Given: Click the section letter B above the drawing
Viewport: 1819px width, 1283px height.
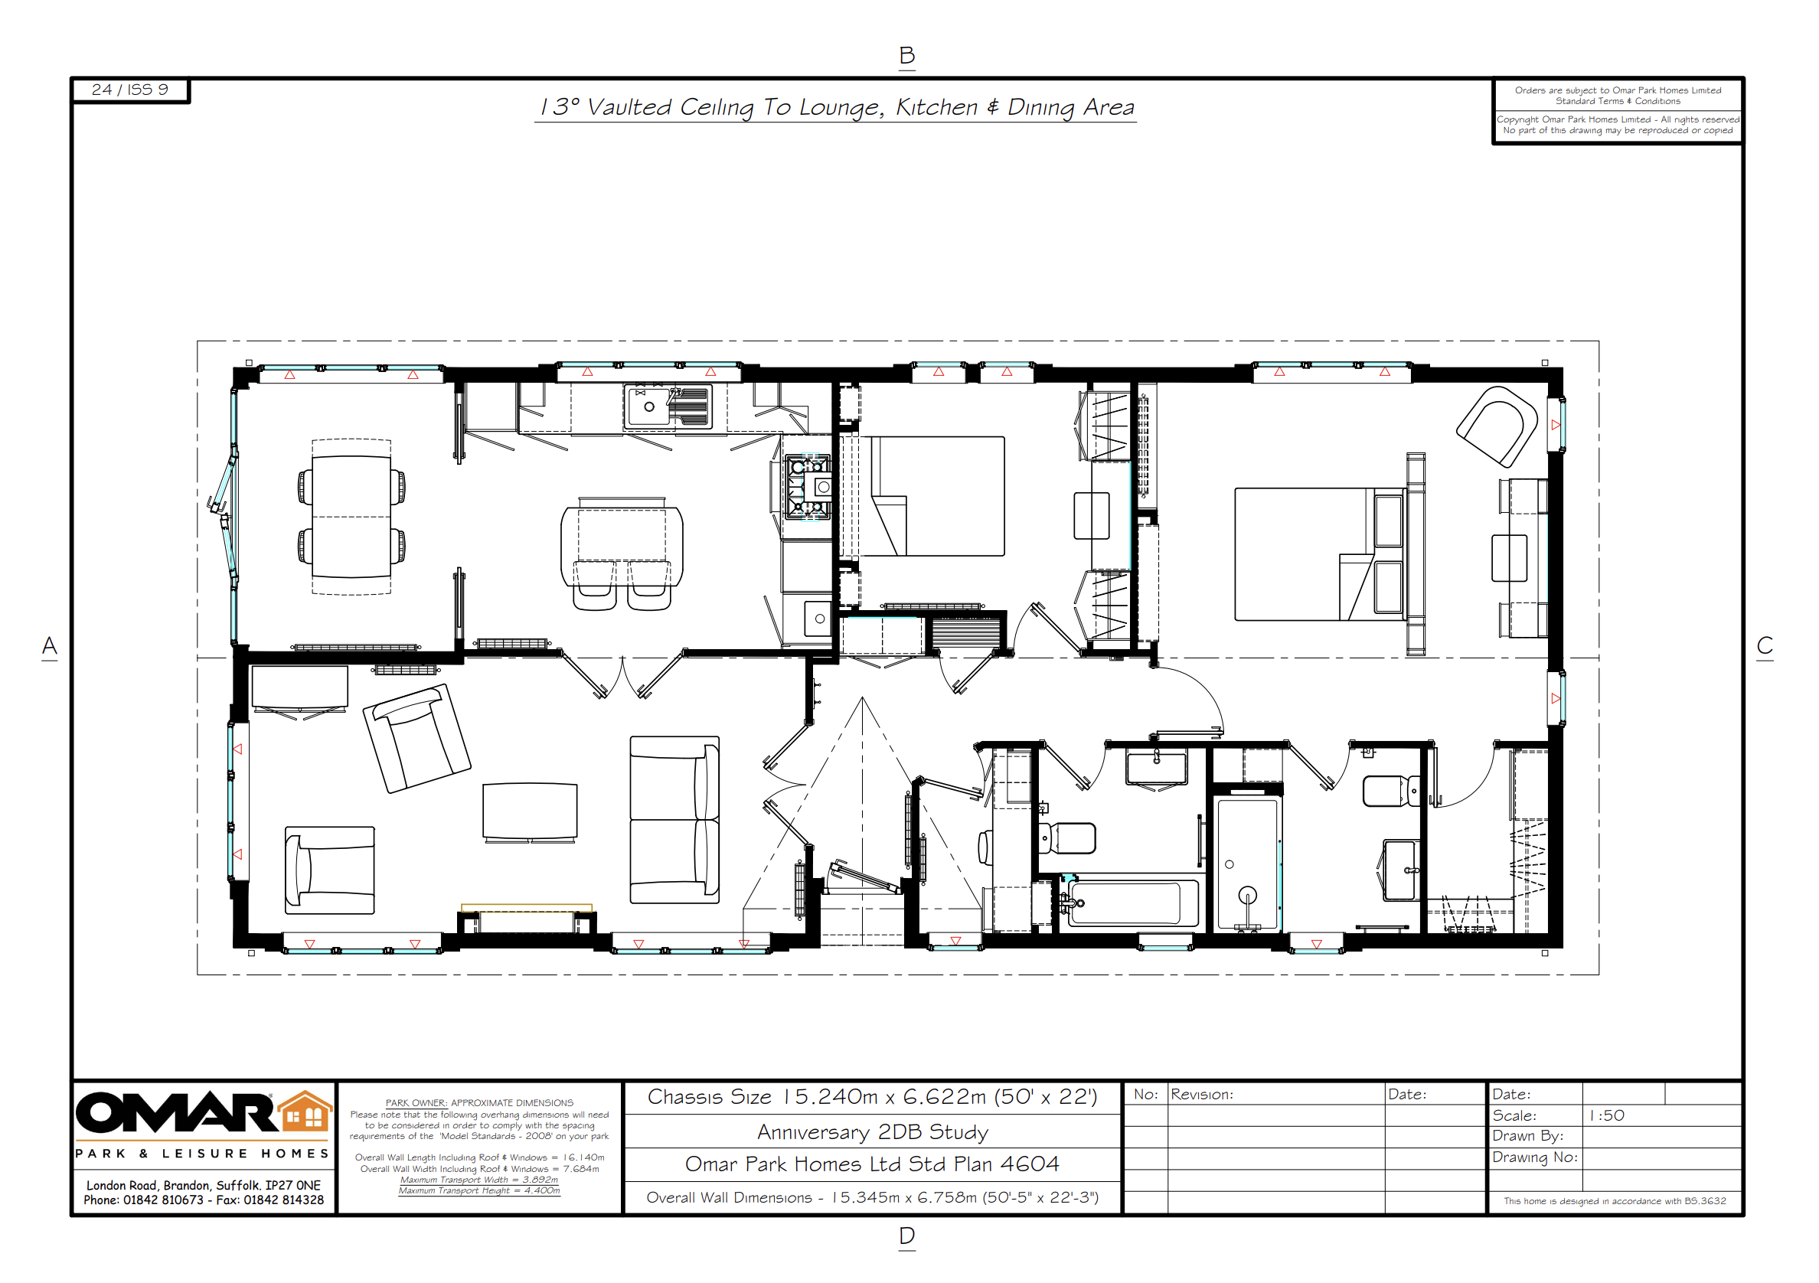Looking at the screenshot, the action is coord(907,55).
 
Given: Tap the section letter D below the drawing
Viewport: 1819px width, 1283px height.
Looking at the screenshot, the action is coord(907,1236).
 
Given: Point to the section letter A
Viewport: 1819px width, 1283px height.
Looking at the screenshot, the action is coord(49,646).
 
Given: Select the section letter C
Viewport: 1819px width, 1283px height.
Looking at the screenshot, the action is coord(1765,645).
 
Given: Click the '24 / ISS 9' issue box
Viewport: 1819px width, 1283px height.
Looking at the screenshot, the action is coord(130,90).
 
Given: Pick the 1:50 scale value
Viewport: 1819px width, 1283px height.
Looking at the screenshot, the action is coord(1607,1115).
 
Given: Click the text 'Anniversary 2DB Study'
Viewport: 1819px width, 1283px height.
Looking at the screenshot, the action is coord(872,1131).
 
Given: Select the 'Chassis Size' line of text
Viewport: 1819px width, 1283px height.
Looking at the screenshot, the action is coord(872,1097).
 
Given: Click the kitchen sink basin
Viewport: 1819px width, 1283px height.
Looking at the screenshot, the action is coord(649,407).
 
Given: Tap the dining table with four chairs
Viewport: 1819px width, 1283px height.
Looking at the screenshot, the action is coord(351,517).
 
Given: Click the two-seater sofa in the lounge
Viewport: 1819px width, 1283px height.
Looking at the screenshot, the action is coord(674,820).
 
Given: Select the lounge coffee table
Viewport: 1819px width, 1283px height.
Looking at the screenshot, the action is coord(530,810).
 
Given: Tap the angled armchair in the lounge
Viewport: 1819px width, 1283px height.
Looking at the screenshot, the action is coord(416,738).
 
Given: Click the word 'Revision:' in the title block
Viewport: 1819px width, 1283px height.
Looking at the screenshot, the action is coord(1202,1095).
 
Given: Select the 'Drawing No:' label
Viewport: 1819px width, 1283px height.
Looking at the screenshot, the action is coord(1534,1158).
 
